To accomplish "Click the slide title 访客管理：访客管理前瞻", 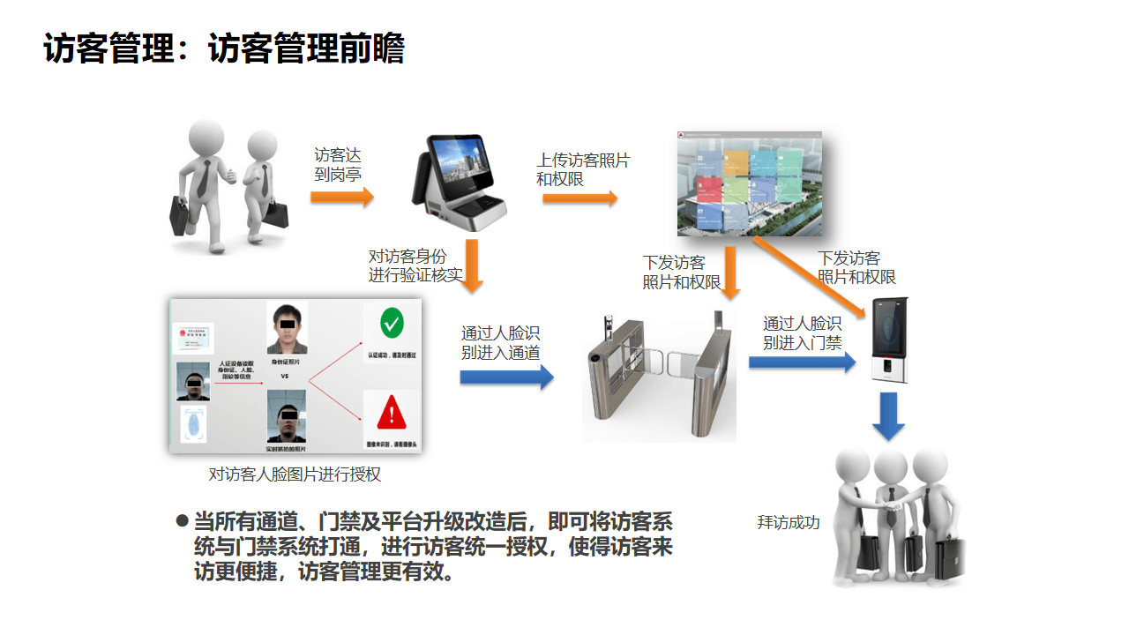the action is tap(224, 49).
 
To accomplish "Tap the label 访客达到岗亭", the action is tap(338, 165).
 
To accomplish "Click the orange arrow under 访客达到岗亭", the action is tap(342, 197).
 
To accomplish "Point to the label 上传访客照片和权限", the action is tap(583, 169).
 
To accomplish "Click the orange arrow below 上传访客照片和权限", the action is tap(579, 199).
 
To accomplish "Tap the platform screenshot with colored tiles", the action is tap(749, 184).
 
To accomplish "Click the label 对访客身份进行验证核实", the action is tap(415, 265).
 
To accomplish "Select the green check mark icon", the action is tap(392, 324).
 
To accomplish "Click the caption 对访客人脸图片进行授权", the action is tap(295, 474).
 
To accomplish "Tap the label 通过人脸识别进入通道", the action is tap(500, 342).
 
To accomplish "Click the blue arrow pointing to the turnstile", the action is tap(506, 377).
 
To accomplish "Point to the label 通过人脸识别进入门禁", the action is tap(802, 333).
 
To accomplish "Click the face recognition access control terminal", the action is tap(890, 340).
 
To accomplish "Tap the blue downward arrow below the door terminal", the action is tap(888, 415).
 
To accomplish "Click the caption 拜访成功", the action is tap(789, 522).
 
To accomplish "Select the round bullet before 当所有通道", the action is tap(183, 520).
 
